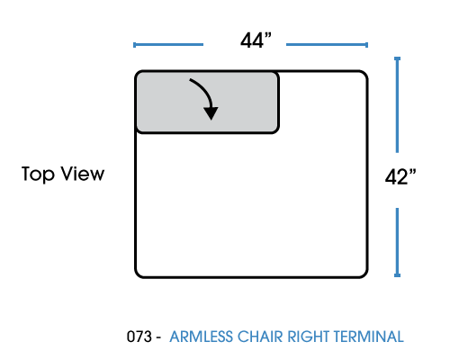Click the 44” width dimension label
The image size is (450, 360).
pyautogui.click(x=256, y=40)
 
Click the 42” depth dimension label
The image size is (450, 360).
pyautogui.click(x=400, y=177)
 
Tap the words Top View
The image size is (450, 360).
pyautogui.click(x=63, y=174)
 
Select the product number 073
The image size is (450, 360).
pyautogui.click(x=139, y=337)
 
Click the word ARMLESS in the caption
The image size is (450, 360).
pyautogui.click(x=201, y=337)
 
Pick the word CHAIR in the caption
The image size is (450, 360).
pyautogui.click(x=260, y=337)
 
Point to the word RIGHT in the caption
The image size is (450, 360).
pyautogui.click(x=309, y=337)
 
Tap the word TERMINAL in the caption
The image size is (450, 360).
pyautogui.click(x=369, y=337)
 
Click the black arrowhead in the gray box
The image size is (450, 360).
pyautogui.click(x=211, y=113)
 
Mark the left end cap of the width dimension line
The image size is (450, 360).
pyautogui.click(x=134, y=45)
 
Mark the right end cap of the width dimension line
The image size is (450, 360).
pyautogui.click(x=366, y=45)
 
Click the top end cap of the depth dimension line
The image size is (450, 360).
pyautogui.click(x=397, y=58)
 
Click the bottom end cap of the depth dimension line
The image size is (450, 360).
pyautogui.click(x=397, y=275)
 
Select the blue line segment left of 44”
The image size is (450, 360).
pyautogui.click(x=168, y=45)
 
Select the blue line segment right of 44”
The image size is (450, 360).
pyautogui.click(x=327, y=45)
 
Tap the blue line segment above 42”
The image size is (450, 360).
pyautogui.click(x=397, y=104)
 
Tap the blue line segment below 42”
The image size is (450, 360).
pyautogui.click(x=397, y=242)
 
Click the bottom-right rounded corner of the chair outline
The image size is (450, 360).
pyautogui.click(x=364, y=274)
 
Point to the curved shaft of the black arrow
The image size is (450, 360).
pyautogui.click(x=205, y=89)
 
